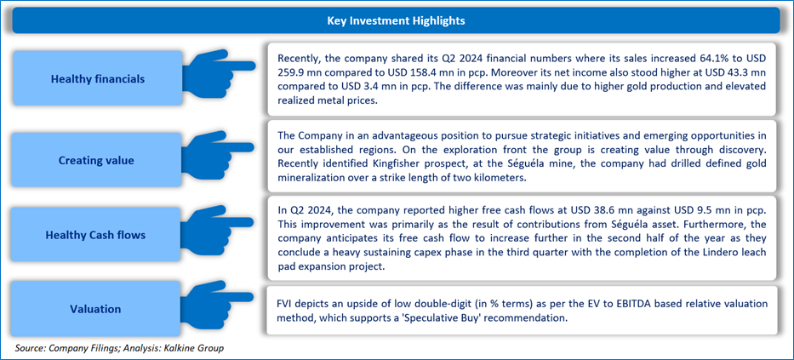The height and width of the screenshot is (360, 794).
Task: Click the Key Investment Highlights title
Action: (x=396, y=20)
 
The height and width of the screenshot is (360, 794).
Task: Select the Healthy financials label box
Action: (x=98, y=78)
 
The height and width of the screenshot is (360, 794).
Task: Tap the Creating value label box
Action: (x=98, y=161)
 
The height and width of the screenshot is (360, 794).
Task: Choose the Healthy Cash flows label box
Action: (x=98, y=235)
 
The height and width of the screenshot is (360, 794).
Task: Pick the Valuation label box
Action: (x=98, y=309)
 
